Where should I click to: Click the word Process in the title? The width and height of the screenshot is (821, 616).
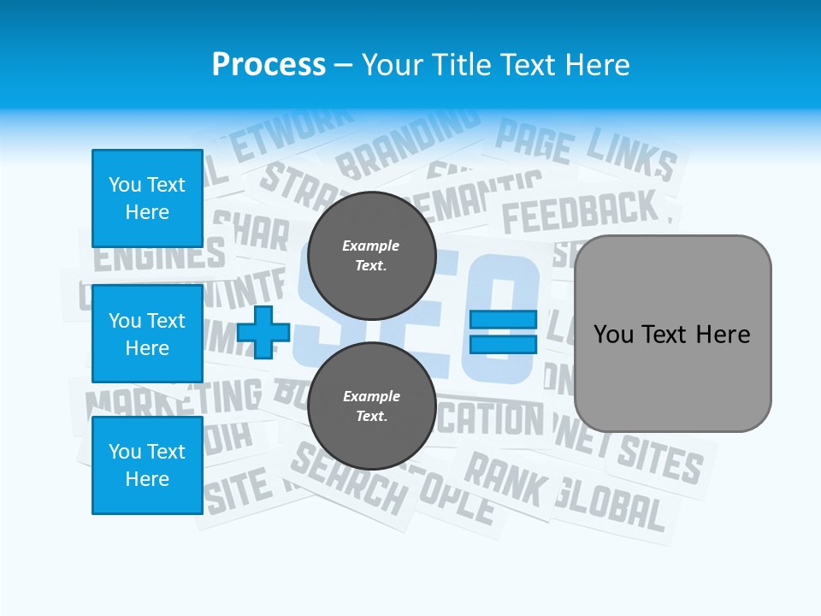click(269, 64)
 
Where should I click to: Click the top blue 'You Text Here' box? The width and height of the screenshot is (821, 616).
click(147, 198)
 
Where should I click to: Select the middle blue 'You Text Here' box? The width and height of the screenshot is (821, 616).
click(147, 334)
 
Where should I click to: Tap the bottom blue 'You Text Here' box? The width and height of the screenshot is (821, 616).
click(147, 465)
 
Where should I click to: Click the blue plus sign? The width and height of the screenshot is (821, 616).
click(263, 332)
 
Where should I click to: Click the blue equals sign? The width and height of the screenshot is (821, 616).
click(503, 332)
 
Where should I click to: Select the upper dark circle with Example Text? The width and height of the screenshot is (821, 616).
click(371, 255)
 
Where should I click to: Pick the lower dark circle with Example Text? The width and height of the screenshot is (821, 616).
click(371, 406)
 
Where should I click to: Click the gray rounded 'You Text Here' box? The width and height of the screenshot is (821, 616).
click(672, 334)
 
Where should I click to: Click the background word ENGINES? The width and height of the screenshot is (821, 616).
click(159, 254)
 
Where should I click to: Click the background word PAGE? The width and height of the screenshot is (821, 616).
click(534, 141)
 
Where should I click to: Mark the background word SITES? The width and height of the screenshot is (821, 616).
click(659, 459)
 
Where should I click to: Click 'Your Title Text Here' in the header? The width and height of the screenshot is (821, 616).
click(496, 64)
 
